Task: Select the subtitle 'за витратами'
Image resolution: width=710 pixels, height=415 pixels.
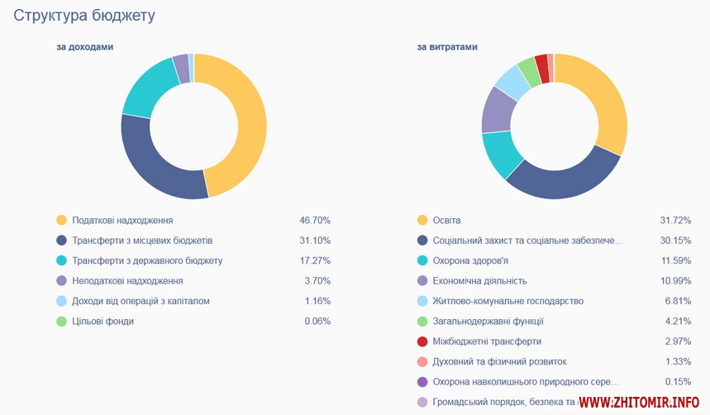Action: point(447,47)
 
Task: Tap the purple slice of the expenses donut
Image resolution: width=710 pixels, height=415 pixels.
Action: point(497,109)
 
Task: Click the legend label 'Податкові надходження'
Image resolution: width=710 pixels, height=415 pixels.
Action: point(122,221)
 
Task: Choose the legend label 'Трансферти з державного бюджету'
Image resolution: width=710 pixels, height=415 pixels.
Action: point(147,260)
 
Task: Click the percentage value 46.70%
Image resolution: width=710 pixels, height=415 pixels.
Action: point(315,221)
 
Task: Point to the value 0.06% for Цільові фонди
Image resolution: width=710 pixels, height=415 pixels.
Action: point(317,321)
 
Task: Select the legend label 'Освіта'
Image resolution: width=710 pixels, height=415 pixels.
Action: point(446,221)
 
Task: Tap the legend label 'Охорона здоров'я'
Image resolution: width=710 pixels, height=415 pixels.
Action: point(470,260)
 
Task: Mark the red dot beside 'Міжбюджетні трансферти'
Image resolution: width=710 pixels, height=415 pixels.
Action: point(422,341)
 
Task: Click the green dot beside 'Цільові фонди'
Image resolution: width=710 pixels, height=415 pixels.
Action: point(61,321)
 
